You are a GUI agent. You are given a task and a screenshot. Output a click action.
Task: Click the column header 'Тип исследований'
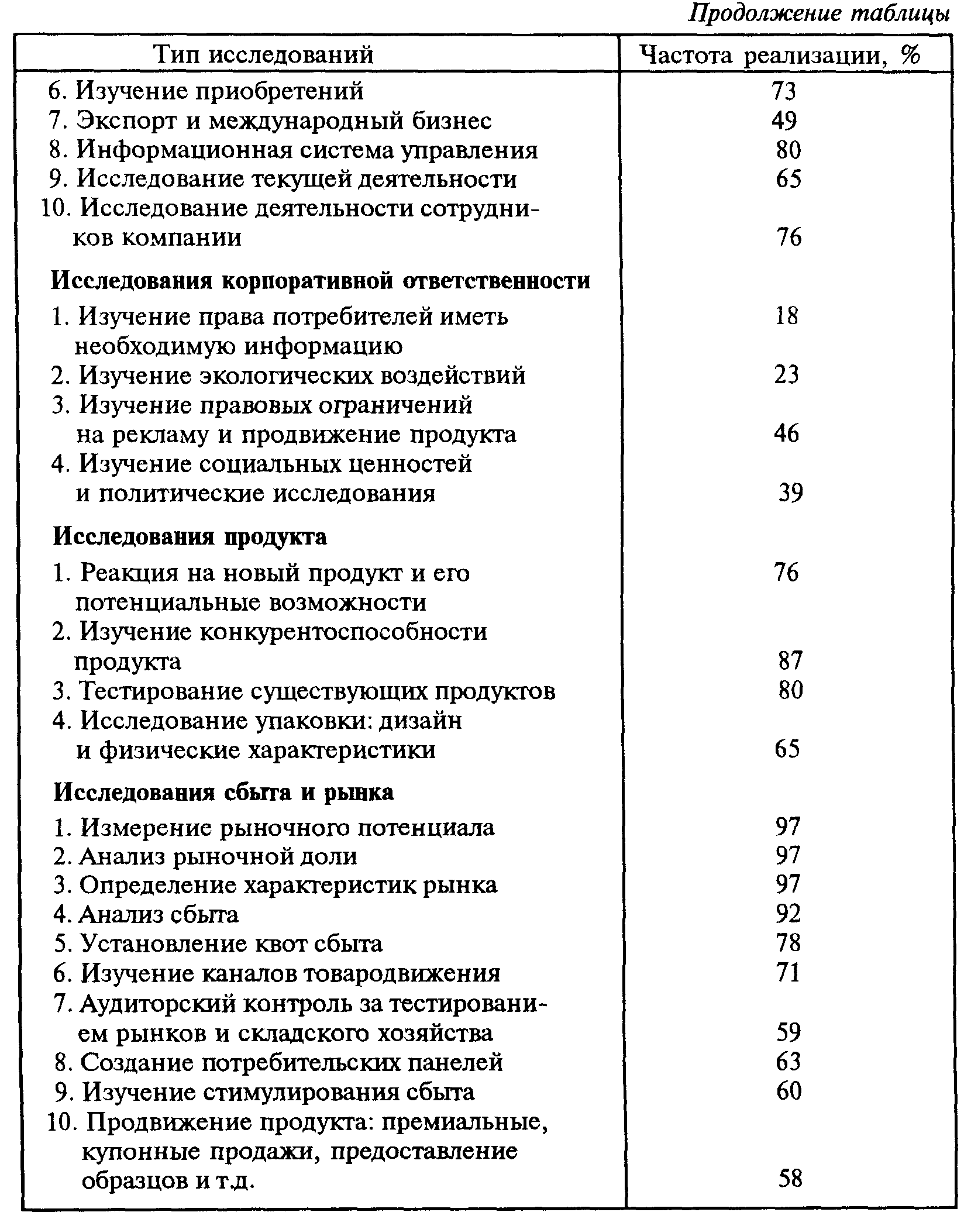click(x=263, y=55)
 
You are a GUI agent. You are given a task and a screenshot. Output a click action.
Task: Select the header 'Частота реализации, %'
click(x=780, y=55)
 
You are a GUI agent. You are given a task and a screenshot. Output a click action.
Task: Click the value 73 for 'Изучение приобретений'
click(x=784, y=91)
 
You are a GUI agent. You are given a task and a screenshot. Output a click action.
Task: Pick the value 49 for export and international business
click(x=784, y=120)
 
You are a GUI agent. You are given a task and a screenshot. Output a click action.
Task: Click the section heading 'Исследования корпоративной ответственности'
click(x=321, y=281)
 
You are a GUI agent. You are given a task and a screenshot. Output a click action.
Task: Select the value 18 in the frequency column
click(x=786, y=316)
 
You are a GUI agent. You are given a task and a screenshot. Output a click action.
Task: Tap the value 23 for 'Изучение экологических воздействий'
click(x=786, y=375)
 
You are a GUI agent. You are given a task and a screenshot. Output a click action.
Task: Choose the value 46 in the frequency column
click(x=787, y=434)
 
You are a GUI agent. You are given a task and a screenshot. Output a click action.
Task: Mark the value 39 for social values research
click(x=790, y=493)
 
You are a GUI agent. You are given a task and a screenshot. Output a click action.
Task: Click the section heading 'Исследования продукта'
click(x=190, y=536)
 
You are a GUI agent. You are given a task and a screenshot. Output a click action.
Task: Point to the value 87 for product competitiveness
click(x=790, y=661)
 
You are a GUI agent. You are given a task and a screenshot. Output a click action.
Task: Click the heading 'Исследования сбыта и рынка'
click(x=223, y=793)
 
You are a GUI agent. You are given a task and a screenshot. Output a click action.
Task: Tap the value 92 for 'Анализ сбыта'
click(x=787, y=914)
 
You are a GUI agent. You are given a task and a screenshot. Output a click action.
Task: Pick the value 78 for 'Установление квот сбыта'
click(x=787, y=943)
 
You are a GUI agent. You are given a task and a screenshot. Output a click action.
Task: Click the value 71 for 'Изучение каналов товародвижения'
click(x=787, y=973)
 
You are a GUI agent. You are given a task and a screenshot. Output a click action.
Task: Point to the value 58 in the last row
click(x=790, y=1178)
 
